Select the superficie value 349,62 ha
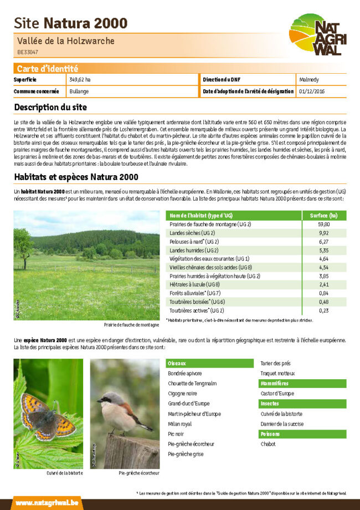point(80,80)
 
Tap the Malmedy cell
point(308,80)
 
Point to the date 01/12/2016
point(312,91)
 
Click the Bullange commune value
point(79,91)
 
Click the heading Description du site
point(50,107)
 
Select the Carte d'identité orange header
point(47,69)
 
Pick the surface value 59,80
point(324,224)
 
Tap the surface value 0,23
point(324,310)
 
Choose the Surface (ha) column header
point(324,215)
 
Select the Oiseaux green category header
point(209,363)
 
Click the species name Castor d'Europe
point(277,394)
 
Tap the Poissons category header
point(303,434)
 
